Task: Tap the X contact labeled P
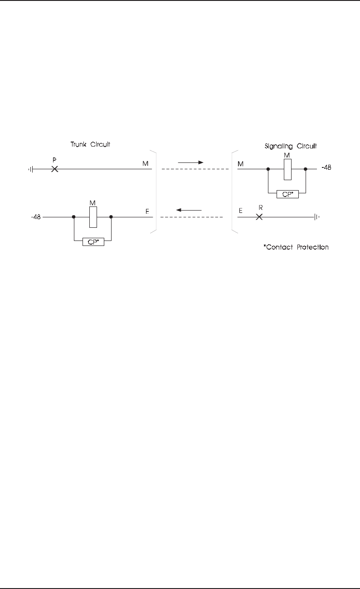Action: pyautogui.click(x=54, y=169)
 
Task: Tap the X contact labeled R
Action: pyautogui.click(x=259, y=217)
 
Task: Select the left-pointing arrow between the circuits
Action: pyautogui.click(x=189, y=210)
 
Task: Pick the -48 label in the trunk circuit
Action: pyautogui.click(x=35, y=217)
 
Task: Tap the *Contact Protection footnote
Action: pyautogui.click(x=296, y=247)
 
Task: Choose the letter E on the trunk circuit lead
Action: pyautogui.click(x=146, y=211)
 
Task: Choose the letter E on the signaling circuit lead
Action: pyautogui.click(x=240, y=211)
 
